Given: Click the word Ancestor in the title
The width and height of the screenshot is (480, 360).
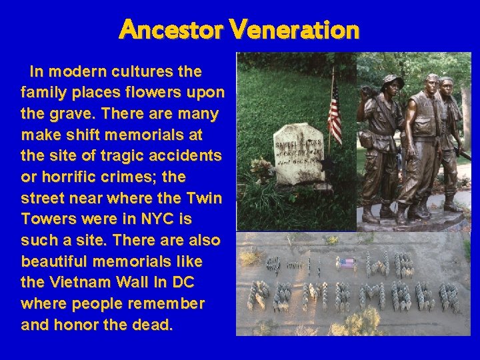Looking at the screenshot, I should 171,29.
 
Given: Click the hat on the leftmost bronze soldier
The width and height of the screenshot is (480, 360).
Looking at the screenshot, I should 392,80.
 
